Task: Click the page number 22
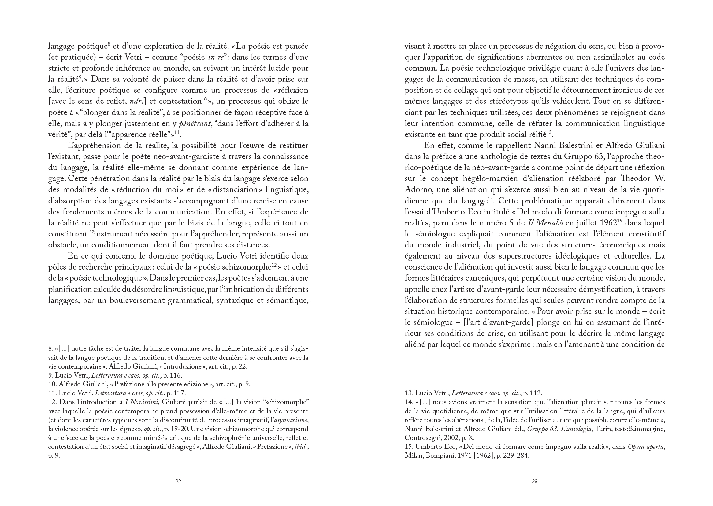pyautogui.click(x=178, y=482)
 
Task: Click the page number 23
pyautogui.click(x=534, y=482)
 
